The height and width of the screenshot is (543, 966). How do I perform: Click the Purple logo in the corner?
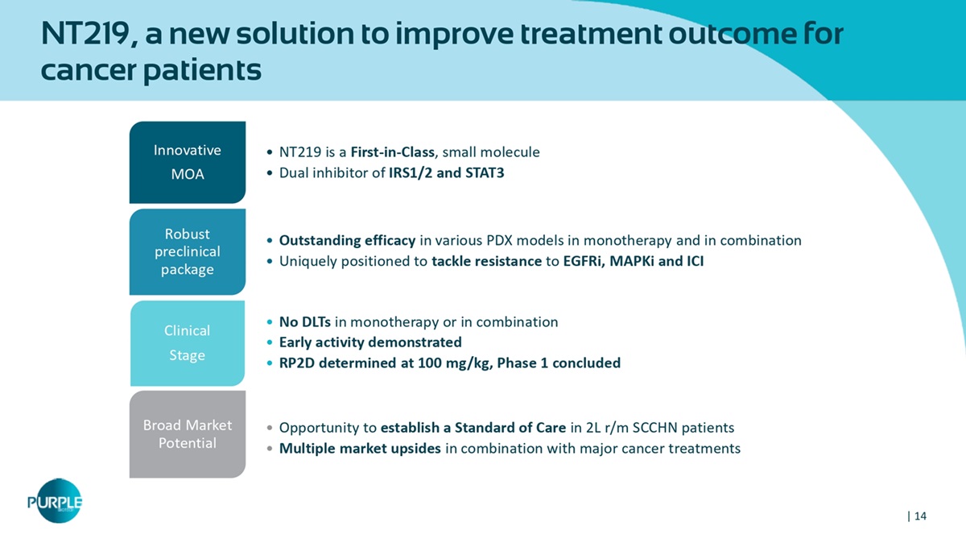(x=56, y=500)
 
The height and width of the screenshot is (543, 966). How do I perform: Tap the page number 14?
(x=920, y=516)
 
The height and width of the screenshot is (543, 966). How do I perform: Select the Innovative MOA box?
(x=188, y=162)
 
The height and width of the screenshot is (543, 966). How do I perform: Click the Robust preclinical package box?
(x=188, y=251)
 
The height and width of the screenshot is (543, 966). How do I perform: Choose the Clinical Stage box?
(x=188, y=343)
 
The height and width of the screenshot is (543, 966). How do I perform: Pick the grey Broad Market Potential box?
(x=188, y=434)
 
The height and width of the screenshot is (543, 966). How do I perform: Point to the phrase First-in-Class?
(x=393, y=152)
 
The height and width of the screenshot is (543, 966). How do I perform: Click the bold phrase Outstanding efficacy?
(x=347, y=240)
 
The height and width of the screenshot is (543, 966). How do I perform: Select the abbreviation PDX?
(x=499, y=240)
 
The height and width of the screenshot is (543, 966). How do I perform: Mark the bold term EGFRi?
(x=584, y=261)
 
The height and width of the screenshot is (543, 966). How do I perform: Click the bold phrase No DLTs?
(x=305, y=322)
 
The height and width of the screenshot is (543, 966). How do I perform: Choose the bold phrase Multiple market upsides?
(x=360, y=449)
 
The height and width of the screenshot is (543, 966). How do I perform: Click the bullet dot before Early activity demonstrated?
(x=270, y=342)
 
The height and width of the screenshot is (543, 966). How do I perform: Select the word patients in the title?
(x=202, y=70)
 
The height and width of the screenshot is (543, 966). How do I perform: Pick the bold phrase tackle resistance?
(x=486, y=261)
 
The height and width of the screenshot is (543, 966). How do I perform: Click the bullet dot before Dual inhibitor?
(x=270, y=173)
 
